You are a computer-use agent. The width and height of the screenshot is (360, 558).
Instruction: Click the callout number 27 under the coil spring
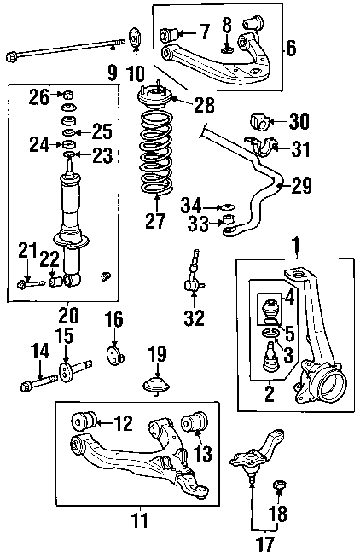[x=155, y=220]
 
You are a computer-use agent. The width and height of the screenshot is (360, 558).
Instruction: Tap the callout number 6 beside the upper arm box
[x=291, y=48]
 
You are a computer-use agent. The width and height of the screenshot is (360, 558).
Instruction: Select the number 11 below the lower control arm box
[x=140, y=520]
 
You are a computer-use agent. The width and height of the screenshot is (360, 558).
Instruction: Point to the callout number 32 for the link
[x=195, y=317]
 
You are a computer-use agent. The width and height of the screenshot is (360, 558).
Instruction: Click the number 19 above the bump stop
[x=157, y=354]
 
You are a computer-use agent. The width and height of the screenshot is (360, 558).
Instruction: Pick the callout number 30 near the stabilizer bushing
[x=299, y=122]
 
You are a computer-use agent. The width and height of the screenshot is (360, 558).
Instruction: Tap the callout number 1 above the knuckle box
[x=296, y=245]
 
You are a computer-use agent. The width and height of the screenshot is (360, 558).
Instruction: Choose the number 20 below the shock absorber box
[x=68, y=315]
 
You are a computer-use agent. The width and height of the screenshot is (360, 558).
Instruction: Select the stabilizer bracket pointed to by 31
[x=261, y=146]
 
